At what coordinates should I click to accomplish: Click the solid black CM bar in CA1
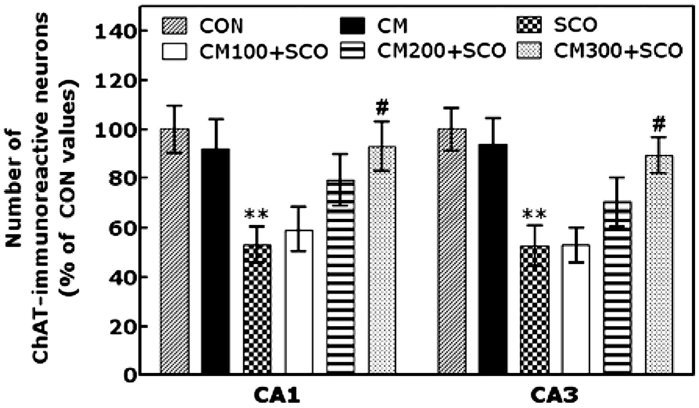(216, 261)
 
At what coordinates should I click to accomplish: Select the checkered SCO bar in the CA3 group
(534, 310)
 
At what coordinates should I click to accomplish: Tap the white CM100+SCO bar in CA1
(299, 302)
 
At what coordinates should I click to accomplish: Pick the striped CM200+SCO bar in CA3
(617, 288)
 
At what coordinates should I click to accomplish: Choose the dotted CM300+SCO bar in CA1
(382, 260)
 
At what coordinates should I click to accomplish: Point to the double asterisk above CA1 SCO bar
(256, 215)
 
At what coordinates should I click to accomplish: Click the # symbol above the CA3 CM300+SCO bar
(659, 124)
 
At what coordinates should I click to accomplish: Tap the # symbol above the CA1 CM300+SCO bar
(382, 108)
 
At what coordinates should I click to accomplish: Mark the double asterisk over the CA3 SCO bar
(534, 215)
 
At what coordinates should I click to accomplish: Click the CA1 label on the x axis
(277, 395)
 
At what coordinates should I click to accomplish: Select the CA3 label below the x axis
(554, 395)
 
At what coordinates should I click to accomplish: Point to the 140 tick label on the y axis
(115, 32)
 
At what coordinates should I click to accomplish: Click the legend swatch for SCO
(529, 25)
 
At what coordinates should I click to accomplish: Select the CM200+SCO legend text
(441, 51)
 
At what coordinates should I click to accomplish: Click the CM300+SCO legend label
(618, 51)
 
